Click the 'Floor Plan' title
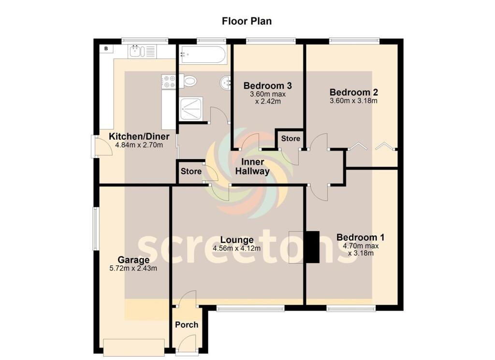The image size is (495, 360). (x=247, y=21)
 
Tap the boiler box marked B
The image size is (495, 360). (x=106, y=49)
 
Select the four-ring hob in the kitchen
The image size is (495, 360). (x=169, y=81)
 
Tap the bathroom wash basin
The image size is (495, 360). (x=226, y=83)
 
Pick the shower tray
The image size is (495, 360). (x=192, y=109)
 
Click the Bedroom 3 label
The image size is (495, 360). (x=267, y=86)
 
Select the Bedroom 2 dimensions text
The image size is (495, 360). (x=353, y=101)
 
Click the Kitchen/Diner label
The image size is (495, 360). (x=135, y=136)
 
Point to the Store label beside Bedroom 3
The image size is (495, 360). (x=291, y=138)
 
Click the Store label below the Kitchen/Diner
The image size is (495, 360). (x=191, y=172)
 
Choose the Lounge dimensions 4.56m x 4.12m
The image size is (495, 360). (x=236, y=249)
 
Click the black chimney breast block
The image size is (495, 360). (x=312, y=247)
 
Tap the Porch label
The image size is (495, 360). (x=187, y=324)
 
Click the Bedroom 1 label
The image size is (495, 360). (x=360, y=237)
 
